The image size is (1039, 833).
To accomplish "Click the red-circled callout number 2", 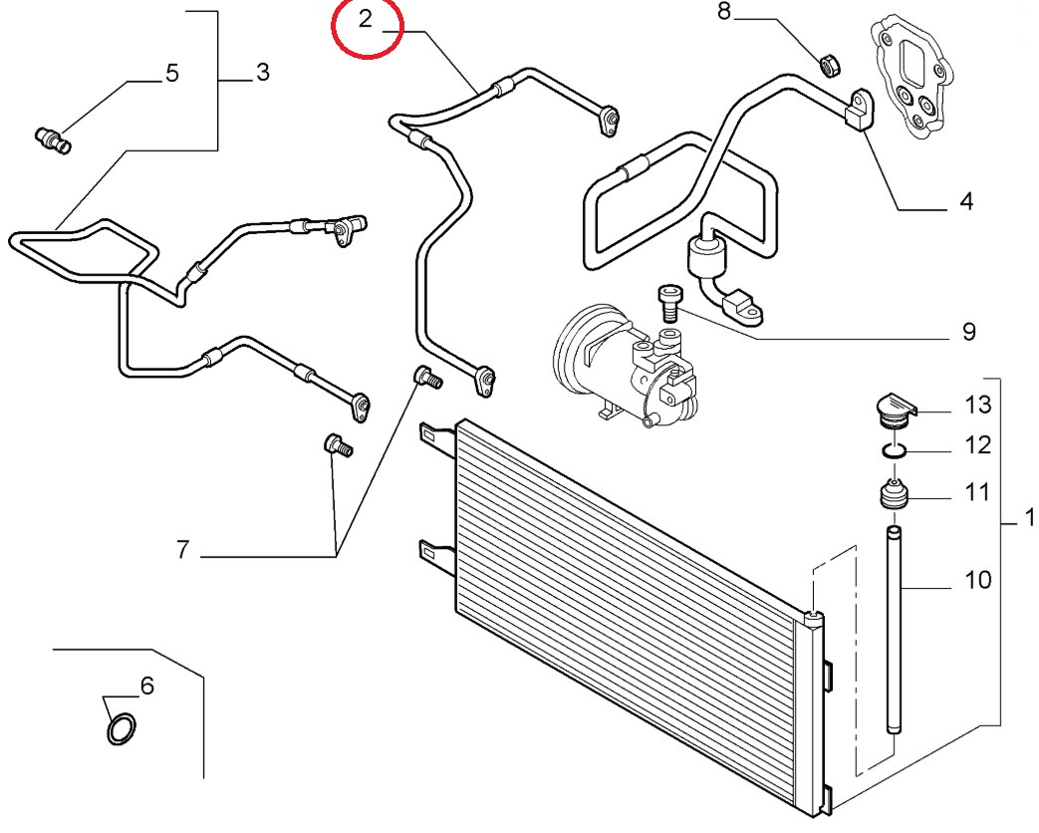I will [366, 20].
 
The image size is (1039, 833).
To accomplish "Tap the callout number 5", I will [171, 74].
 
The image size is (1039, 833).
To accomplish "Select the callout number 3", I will [262, 73].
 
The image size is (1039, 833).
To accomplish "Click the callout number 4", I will [965, 202].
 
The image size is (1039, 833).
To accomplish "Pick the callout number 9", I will [967, 331].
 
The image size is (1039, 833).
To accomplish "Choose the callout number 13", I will [978, 405].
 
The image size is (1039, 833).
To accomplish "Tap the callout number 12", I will [978, 445].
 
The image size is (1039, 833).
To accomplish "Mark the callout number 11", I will [978, 491].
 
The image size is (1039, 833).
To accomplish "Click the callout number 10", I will [978, 579].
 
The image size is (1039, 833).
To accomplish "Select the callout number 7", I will [182, 549].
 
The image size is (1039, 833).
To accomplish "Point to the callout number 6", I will [146, 686].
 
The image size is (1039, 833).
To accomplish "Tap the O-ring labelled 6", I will [121, 729].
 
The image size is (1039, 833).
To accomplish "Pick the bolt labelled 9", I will [669, 300].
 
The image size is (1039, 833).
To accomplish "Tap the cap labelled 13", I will [894, 411].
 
